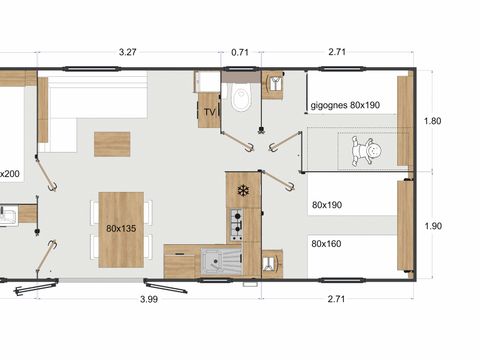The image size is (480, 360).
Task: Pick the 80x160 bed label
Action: click(x=327, y=243)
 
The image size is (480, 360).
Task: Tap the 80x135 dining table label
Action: click(x=122, y=228)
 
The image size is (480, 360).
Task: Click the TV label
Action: click(x=209, y=112)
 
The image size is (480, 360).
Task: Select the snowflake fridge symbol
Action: click(x=241, y=189)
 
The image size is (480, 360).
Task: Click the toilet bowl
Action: click(x=240, y=99)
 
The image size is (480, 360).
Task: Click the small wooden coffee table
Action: click(x=112, y=144)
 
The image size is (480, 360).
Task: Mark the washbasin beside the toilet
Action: click(x=273, y=84)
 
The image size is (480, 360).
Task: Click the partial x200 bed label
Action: click(x=8, y=173)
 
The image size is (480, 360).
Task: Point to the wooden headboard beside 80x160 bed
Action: click(x=404, y=226)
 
